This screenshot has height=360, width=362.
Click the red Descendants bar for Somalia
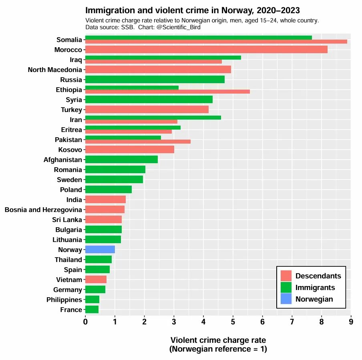click(x=216, y=42)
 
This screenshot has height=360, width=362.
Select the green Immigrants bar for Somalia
click(x=198, y=38)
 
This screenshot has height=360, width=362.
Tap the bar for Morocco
click(x=206, y=50)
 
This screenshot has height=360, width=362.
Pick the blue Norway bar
click(x=100, y=250)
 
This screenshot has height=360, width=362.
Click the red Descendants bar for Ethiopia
click(x=167, y=92)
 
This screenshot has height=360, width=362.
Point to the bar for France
click(x=92, y=310)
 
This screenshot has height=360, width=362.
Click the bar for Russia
click(x=155, y=80)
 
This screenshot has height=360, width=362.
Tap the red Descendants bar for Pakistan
click(x=138, y=142)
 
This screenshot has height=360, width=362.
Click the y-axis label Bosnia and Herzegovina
click(x=43, y=210)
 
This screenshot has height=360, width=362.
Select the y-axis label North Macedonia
click(x=55, y=70)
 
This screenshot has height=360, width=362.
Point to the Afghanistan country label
click(x=62, y=160)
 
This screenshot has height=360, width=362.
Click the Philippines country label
click(x=64, y=300)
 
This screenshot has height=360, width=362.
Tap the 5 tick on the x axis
click(x=233, y=321)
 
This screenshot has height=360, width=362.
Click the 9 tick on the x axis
click(x=351, y=321)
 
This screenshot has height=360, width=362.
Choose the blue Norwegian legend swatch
click(x=286, y=299)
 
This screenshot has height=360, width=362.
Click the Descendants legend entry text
click(x=318, y=276)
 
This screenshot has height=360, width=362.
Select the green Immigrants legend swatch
click(x=286, y=287)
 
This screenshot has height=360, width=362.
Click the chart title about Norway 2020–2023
click(x=193, y=10)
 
